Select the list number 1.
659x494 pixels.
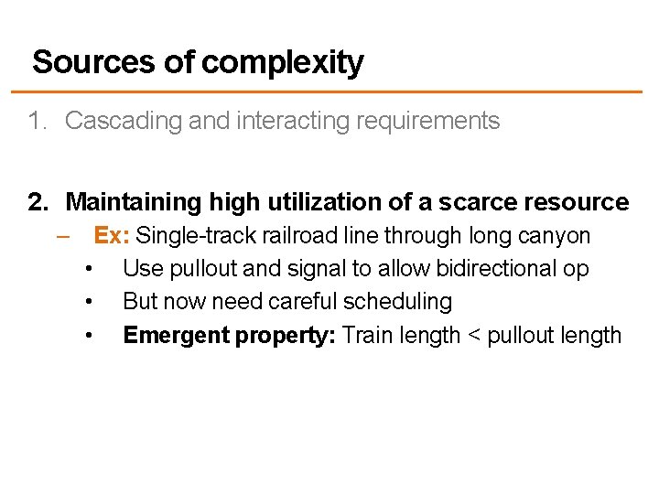[36, 121]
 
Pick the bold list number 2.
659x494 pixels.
[38, 202]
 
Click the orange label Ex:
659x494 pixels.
[113, 236]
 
